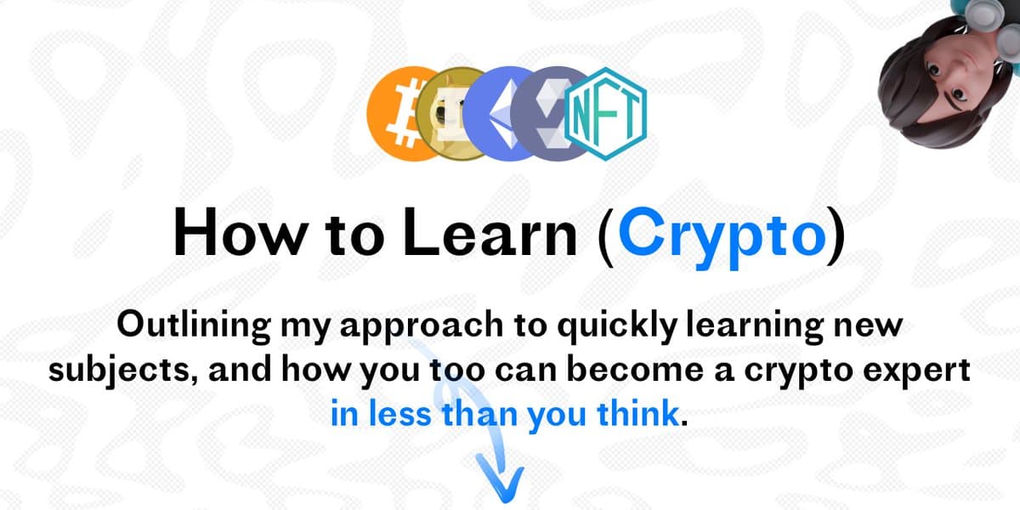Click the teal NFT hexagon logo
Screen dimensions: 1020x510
605,114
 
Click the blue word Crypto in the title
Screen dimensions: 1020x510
722,236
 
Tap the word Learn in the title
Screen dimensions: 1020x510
490,233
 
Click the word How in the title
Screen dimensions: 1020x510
240,233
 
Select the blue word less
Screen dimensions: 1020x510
399,412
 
